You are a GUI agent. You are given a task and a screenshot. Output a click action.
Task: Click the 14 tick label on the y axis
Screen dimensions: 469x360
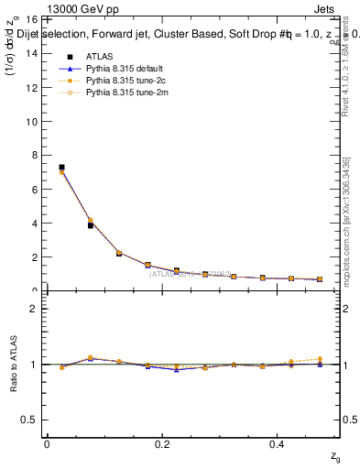[x=30, y=53]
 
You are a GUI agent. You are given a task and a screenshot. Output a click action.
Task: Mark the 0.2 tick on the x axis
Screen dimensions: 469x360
[x=162, y=443]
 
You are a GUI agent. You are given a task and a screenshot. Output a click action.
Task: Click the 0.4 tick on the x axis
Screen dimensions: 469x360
[x=279, y=443]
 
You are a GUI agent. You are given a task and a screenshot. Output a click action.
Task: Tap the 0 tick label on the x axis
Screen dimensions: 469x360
[x=47, y=443]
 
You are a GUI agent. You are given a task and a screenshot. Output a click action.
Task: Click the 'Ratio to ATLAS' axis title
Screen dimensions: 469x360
[x=12, y=365]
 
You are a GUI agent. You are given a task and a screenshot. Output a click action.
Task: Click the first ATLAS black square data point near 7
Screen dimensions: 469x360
[x=61, y=168]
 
